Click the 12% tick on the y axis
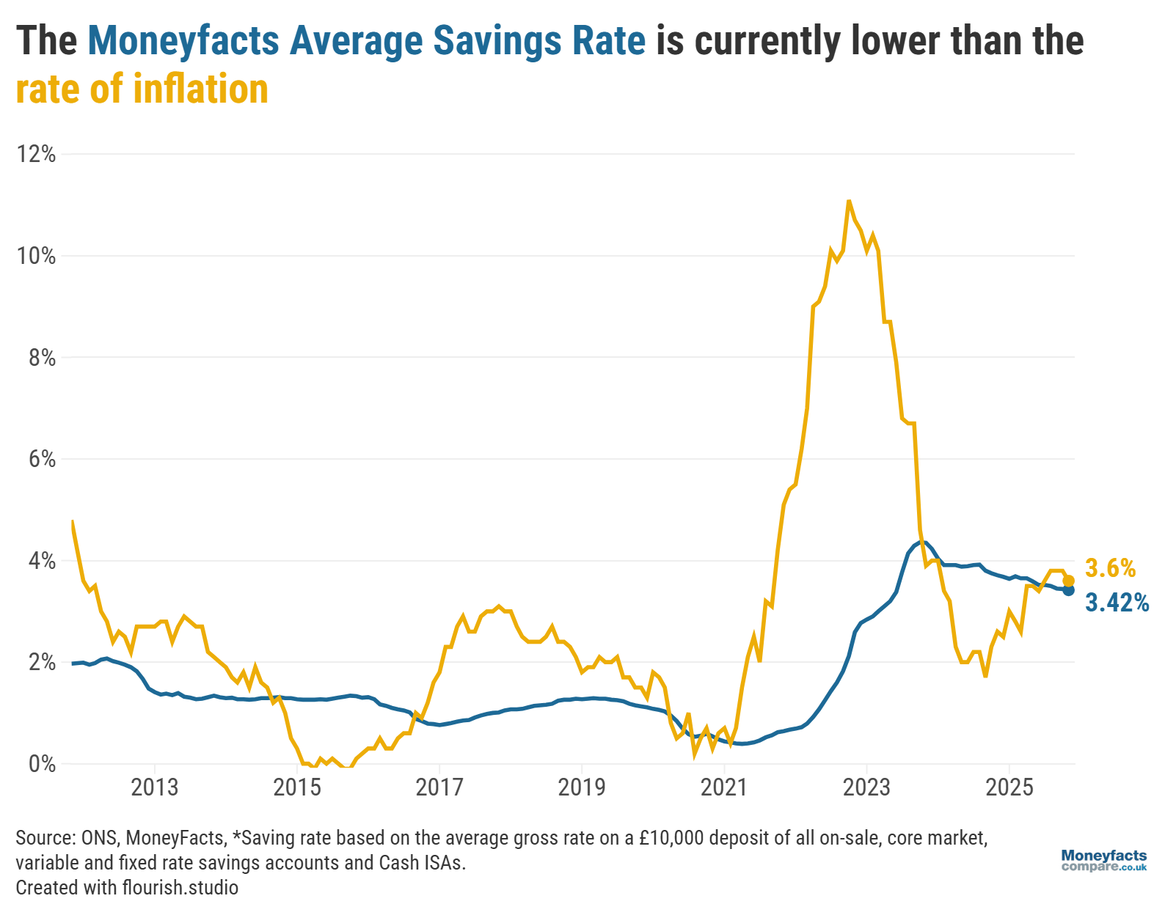click(37, 154)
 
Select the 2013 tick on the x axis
click(154, 787)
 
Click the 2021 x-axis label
click(723, 787)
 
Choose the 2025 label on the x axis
click(1009, 787)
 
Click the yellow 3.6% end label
click(1110, 568)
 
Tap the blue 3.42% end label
click(1117, 603)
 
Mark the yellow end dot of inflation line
click(1068, 581)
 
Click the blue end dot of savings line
click(1068, 590)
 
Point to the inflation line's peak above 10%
click(849, 201)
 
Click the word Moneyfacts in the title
click(183, 41)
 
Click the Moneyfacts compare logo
click(1103, 861)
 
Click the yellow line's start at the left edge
click(72, 521)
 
